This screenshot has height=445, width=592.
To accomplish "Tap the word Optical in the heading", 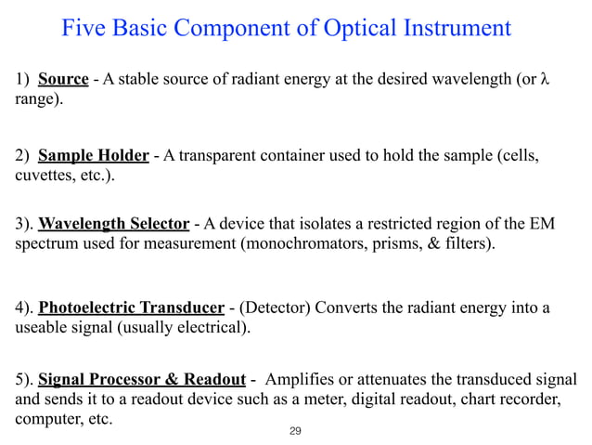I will (355, 29).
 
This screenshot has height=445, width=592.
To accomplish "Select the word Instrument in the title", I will (456, 29).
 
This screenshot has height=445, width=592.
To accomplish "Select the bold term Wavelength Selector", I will (115, 226).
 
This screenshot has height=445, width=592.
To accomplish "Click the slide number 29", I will (296, 432).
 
